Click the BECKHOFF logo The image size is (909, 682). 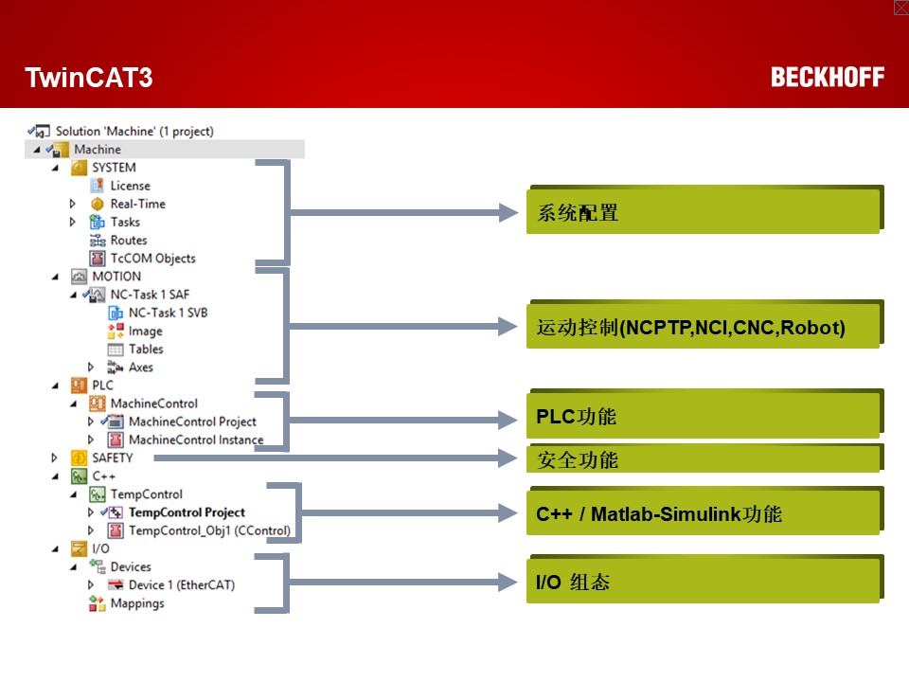coord(827,78)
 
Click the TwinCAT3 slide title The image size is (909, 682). coord(88,78)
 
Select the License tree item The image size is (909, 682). coord(130,186)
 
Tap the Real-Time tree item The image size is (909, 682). coord(137,204)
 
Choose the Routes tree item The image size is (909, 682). coord(128,241)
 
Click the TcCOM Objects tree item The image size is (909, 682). coord(152,259)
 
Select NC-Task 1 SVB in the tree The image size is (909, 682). coord(168,313)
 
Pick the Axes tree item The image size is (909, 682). coord(140,368)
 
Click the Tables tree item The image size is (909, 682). coord(146,350)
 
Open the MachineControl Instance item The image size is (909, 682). coord(195,440)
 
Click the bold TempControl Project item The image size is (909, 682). coord(187,512)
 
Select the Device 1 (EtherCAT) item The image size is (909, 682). coord(181,585)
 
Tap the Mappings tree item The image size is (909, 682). coord(136,603)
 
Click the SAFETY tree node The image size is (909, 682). coord(112,458)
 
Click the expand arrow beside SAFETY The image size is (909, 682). coord(55,458)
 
